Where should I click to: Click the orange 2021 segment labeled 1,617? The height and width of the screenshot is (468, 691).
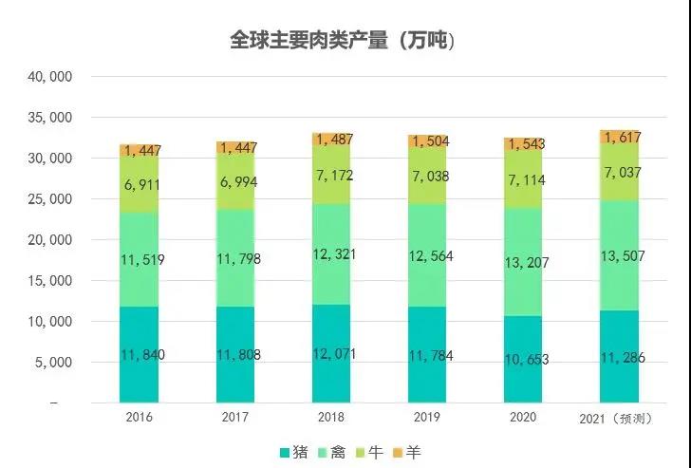tap(620, 137)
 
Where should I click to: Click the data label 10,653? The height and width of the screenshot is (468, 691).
tap(529, 359)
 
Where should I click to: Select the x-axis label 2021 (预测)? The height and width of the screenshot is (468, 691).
tap(621, 418)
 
